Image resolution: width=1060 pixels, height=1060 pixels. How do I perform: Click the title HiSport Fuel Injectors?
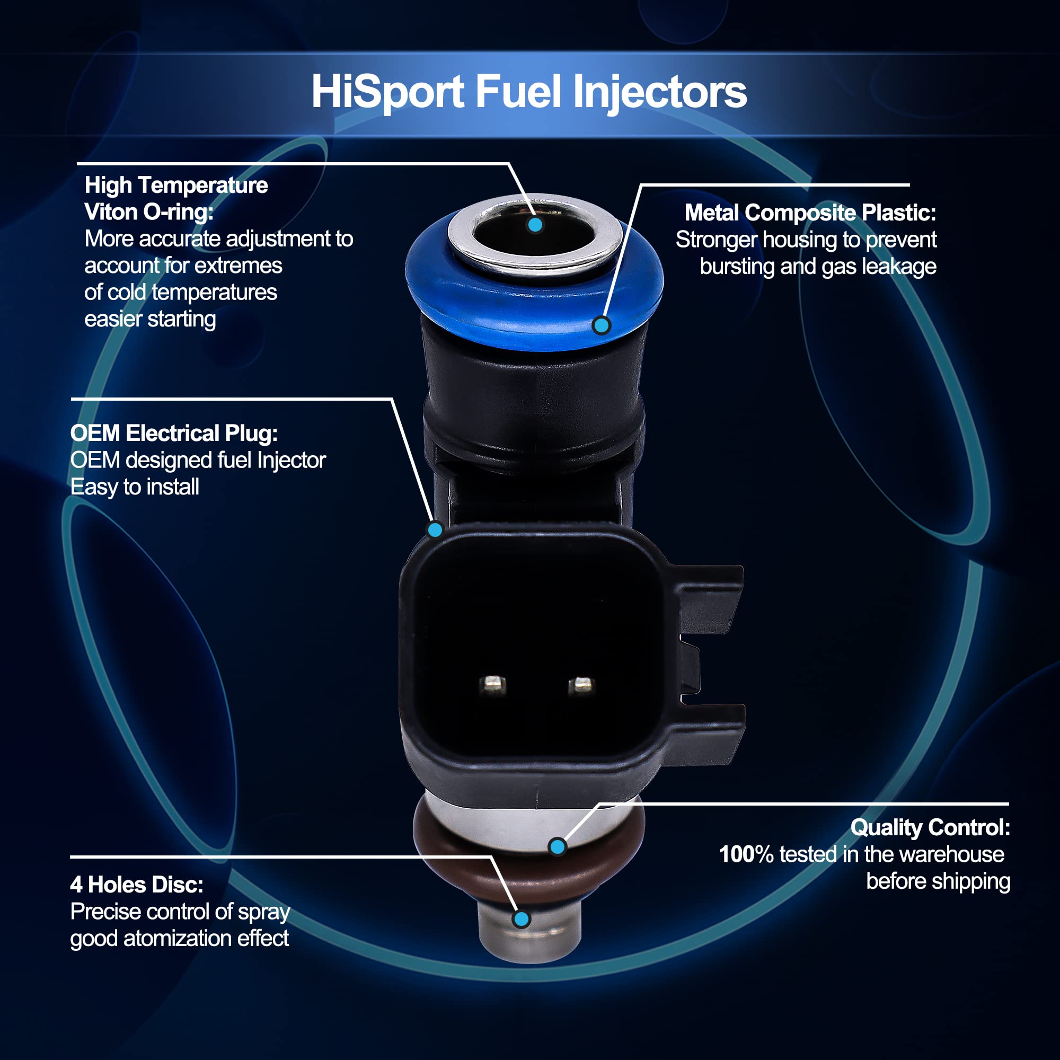tap(529, 92)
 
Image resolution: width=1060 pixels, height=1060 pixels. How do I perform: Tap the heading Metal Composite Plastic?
tap(810, 213)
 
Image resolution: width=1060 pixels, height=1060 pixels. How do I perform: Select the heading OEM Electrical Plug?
tap(174, 434)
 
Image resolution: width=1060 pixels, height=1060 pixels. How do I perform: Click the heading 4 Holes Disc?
tap(137, 885)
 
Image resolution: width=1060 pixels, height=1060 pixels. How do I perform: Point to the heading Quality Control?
tap(930, 827)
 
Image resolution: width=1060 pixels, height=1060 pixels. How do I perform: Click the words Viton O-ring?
tap(149, 213)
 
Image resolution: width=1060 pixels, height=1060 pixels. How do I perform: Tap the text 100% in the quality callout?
tap(746, 854)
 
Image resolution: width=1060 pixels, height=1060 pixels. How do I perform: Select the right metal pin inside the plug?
tap(581, 684)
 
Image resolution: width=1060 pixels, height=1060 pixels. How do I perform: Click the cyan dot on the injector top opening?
tap(535, 224)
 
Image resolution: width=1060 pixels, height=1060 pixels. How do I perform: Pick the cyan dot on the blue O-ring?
tap(602, 325)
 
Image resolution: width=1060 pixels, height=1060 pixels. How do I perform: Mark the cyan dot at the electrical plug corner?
tap(435, 529)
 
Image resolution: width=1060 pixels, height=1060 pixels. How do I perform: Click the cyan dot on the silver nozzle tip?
tap(521, 919)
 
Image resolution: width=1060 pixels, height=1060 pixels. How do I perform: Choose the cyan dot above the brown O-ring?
tap(558, 846)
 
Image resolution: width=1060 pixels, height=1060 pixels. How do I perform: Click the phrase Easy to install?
tap(135, 487)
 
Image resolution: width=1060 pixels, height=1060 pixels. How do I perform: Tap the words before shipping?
tap(938, 881)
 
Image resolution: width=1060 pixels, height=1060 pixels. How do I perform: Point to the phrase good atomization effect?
tap(180, 938)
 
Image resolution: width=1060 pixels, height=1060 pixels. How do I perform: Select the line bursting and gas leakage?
tap(818, 267)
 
